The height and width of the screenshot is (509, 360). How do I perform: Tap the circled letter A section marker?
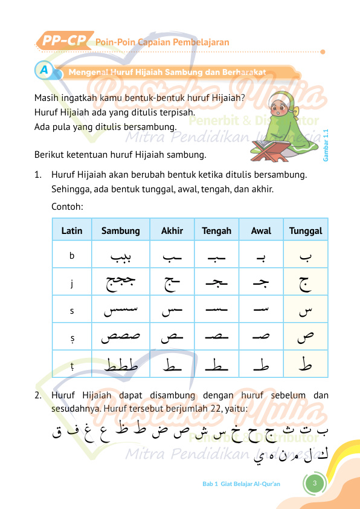43,71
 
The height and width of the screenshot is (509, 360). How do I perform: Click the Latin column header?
72,230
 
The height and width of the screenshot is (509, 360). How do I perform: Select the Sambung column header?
121,230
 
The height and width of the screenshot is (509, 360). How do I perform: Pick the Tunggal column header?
306,230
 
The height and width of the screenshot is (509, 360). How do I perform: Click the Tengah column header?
216,230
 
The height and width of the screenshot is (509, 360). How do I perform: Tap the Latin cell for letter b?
72,256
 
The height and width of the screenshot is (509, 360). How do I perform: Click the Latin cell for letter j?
72,282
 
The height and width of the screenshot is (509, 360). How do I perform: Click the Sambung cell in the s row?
121,311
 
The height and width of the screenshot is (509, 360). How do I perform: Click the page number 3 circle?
315,484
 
